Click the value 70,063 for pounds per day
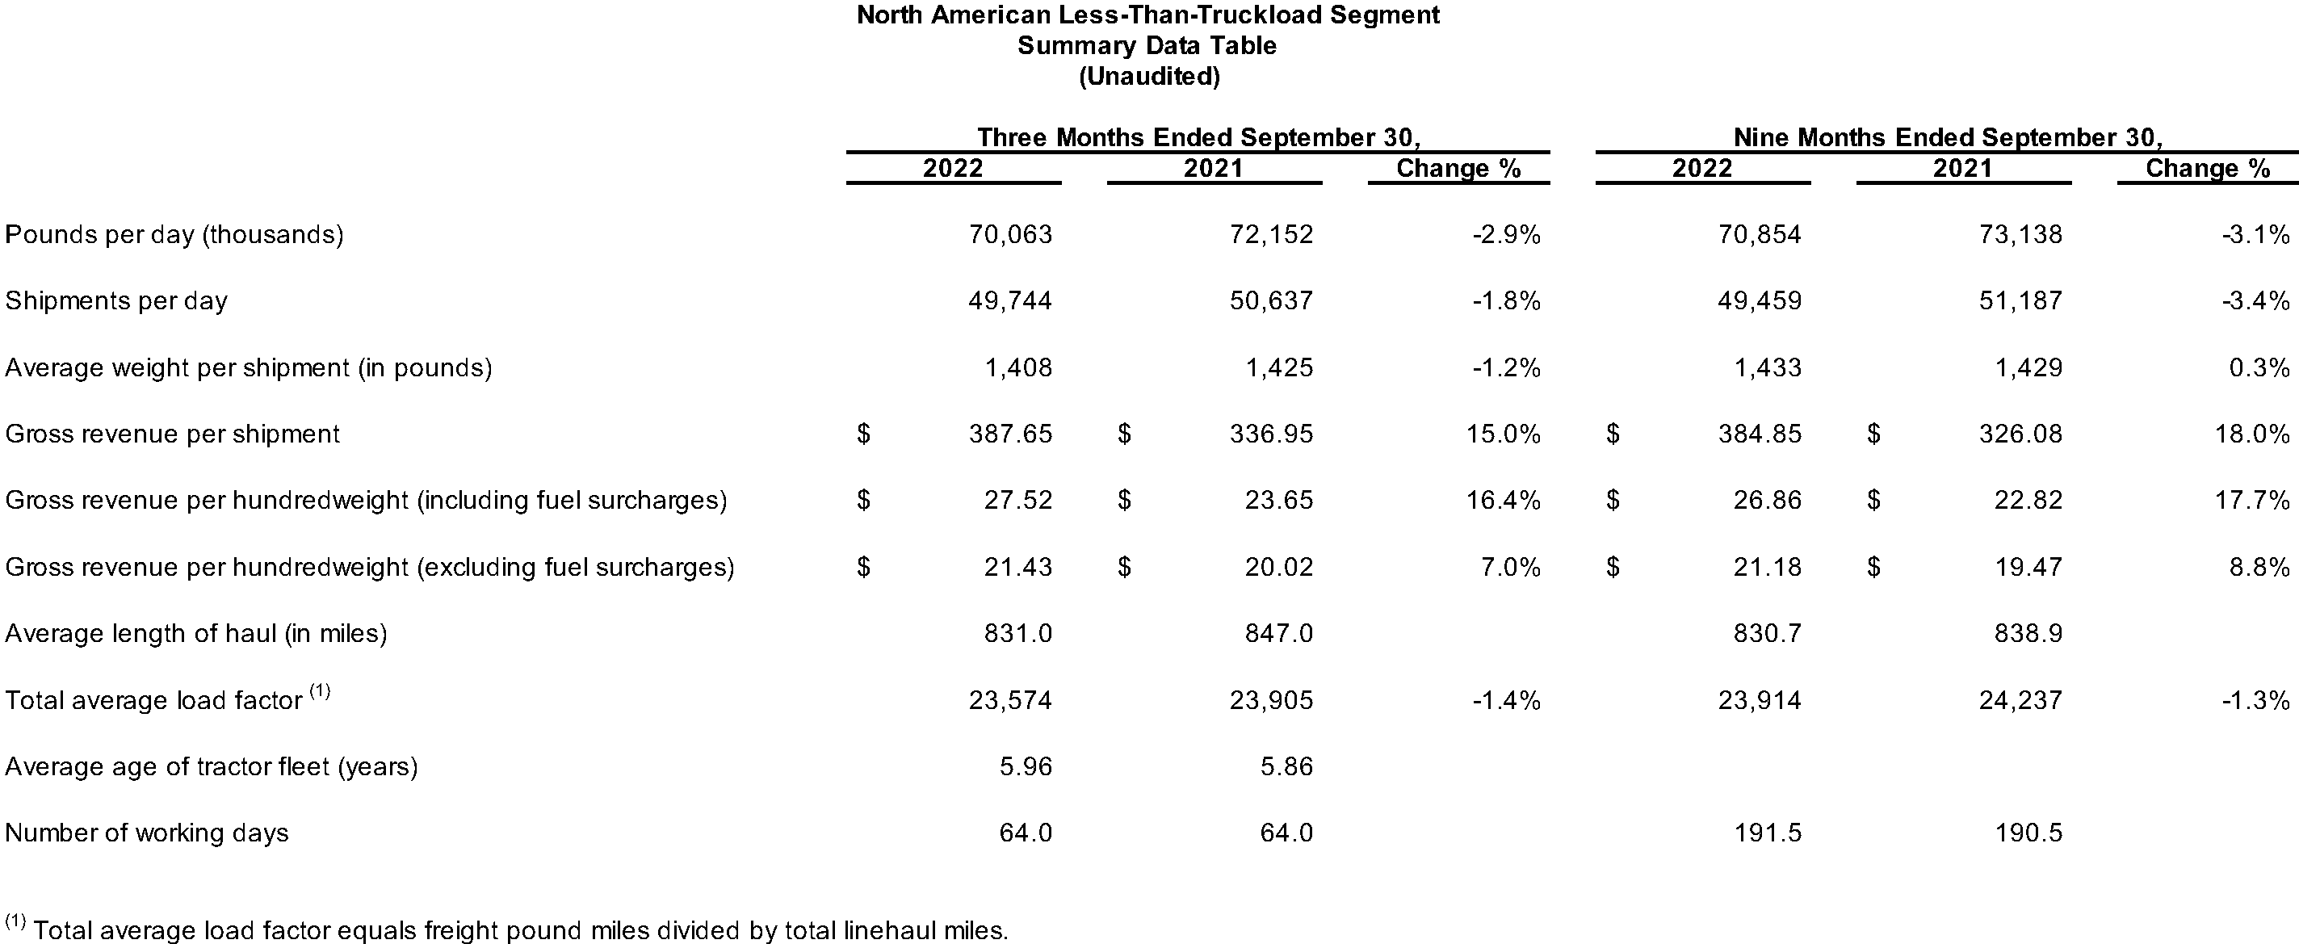click(1010, 235)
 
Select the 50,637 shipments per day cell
click(1271, 300)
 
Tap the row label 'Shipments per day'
click(116, 300)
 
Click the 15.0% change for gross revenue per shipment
click(1503, 434)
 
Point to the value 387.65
click(1010, 434)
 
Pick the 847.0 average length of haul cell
click(1279, 633)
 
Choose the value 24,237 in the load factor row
click(2020, 700)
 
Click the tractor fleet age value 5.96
click(1026, 766)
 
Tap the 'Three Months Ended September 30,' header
click(1198, 137)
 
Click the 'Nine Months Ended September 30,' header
click(1948, 137)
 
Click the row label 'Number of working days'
click(146, 833)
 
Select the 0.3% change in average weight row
click(2259, 367)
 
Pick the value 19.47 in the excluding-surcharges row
click(2028, 568)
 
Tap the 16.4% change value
click(1503, 500)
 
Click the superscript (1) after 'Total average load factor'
click(320, 690)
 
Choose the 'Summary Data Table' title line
click(1147, 45)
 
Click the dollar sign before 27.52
click(863, 500)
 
